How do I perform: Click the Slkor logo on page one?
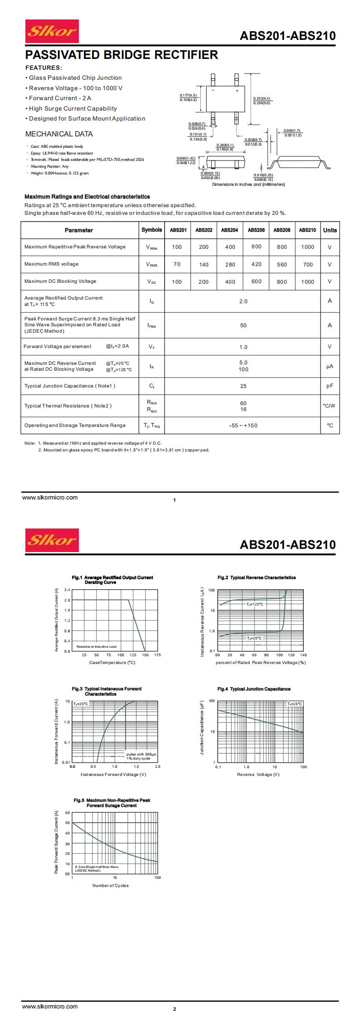point(52,31)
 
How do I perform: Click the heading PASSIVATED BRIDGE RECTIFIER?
point(122,55)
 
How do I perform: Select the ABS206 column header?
point(256,230)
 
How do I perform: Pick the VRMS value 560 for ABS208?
point(282,265)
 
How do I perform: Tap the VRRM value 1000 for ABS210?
point(307,247)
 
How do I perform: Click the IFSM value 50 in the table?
point(243,325)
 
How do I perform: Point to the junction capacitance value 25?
point(243,386)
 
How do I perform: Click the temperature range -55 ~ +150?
point(243,426)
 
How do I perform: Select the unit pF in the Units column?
point(330,386)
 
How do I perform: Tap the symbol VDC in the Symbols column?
point(151,282)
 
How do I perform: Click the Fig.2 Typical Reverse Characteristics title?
point(256,577)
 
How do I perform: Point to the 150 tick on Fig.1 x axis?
point(145,655)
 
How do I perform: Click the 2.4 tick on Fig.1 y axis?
point(67,590)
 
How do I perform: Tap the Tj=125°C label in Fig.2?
point(255,604)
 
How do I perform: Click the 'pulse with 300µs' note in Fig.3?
point(141,754)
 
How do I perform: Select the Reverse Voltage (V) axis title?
point(258,774)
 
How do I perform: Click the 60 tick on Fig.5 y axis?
point(68,813)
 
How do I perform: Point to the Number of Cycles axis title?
point(110,885)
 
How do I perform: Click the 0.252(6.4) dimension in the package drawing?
point(261,98)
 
